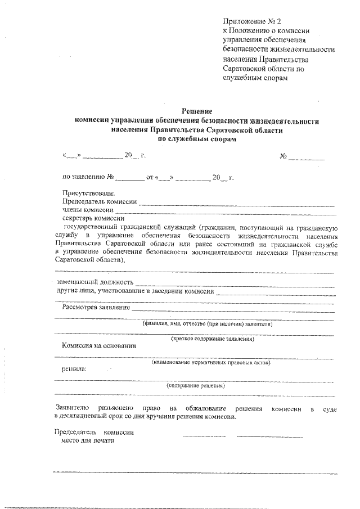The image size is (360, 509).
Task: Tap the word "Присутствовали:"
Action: click(88, 193)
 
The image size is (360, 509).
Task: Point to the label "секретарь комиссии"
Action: click(93, 219)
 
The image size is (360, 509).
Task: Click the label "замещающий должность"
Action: click(96, 281)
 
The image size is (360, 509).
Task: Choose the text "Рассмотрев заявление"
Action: click(96, 307)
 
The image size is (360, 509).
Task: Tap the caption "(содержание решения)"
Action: click(196, 386)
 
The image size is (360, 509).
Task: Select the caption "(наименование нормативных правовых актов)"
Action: click(211, 363)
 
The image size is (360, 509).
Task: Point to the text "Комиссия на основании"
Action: click(98, 346)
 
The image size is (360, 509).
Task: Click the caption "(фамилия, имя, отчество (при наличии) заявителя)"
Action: click(208, 325)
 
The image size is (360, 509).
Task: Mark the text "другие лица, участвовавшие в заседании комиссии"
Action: click(135, 290)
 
